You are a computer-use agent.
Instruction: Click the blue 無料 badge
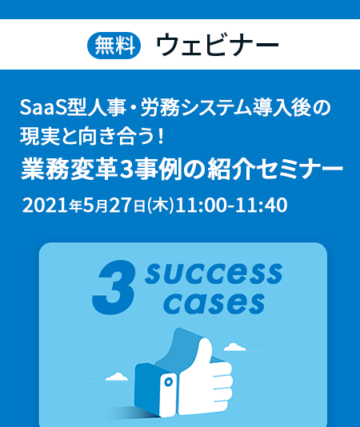pos(114,46)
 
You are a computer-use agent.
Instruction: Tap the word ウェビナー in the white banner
pos(218,45)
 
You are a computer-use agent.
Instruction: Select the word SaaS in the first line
pos(43,108)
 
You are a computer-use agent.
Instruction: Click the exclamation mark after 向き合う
pos(161,137)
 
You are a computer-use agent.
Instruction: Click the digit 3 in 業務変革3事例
pos(126,170)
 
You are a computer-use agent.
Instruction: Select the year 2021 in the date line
pos(45,206)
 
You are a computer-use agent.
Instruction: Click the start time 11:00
pos(201,206)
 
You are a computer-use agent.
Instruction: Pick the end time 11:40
pos(262,206)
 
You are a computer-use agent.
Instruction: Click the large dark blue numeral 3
pos(114,286)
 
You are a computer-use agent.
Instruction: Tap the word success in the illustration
pos(214,273)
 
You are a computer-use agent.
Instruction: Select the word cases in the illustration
pos(214,303)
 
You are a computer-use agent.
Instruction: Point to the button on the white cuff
pos(169,381)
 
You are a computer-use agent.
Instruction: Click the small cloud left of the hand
pos(117,377)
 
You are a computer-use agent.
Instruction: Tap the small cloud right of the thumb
pos(234,347)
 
